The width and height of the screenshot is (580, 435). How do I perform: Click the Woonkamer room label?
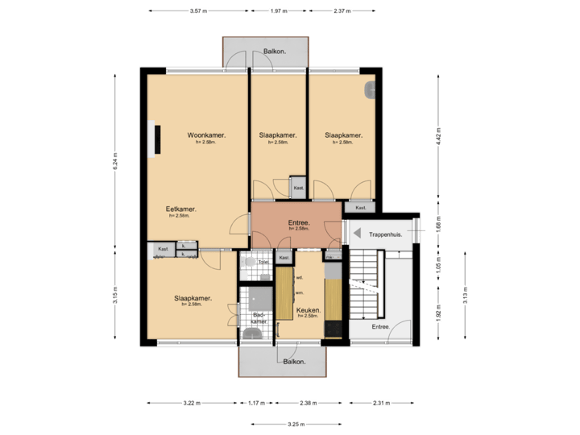(205, 135)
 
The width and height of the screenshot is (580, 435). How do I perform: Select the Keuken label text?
(309, 309)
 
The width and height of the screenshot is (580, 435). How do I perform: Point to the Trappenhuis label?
(385, 234)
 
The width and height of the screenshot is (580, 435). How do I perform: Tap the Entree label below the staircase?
(380, 327)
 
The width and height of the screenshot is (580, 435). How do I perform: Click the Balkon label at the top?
(275, 52)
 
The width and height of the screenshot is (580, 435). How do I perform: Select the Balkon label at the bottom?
(294, 362)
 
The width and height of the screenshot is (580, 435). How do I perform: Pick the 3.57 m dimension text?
(197, 11)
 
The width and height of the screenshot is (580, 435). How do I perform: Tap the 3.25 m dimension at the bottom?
(295, 424)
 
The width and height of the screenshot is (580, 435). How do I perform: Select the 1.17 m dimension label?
(257, 403)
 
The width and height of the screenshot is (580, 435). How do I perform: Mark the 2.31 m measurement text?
(382, 403)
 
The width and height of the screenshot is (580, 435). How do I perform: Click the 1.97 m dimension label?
(278, 11)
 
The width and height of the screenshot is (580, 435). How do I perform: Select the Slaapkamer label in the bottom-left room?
(193, 298)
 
